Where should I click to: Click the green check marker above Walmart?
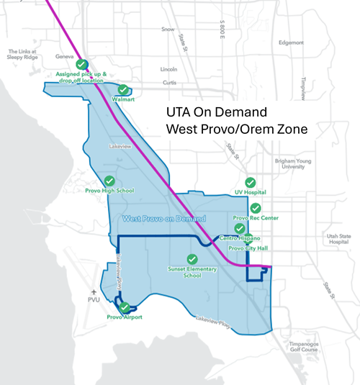123,90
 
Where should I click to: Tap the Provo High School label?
109,191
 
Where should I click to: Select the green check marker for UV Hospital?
251,183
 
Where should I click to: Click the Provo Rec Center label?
251,217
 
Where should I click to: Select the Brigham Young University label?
292,165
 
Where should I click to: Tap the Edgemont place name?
291,42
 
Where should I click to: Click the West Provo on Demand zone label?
164,219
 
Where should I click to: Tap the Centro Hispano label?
239,237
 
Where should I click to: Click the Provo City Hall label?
247,248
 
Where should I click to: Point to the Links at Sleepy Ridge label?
27,55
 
